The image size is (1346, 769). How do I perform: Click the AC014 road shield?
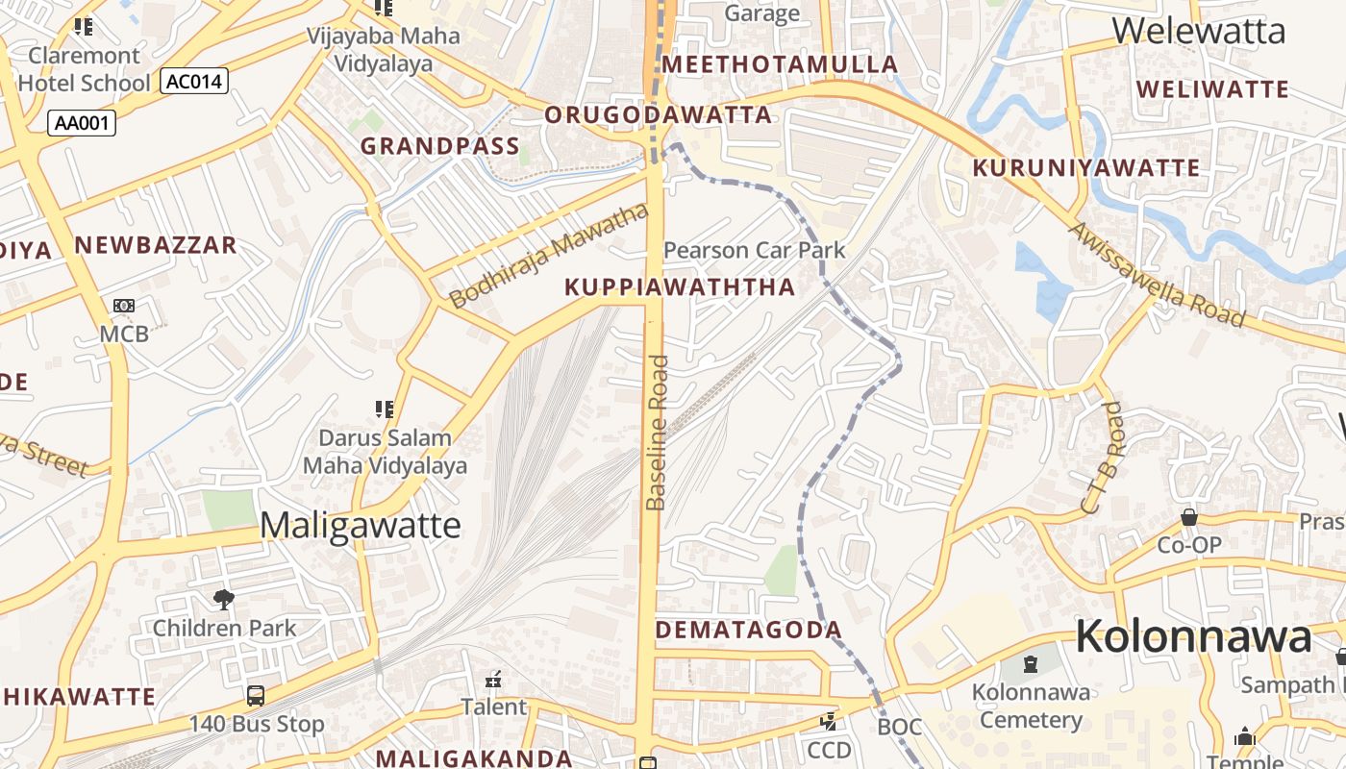(194, 82)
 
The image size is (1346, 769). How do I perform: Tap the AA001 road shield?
(82, 122)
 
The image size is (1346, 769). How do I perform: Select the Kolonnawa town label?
(1192, 636)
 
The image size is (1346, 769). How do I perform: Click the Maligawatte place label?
(361, 526)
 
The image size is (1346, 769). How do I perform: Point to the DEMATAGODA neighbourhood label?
(749, 631)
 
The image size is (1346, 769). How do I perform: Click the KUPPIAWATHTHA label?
(680, 286)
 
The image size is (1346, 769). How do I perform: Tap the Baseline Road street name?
(657, 433)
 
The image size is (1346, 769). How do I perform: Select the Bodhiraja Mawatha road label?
(549, 256)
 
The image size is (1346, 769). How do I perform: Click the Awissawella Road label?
(1156, 275)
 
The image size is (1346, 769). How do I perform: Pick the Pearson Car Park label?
(755, 250)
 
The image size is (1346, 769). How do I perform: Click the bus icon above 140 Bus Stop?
(256, 695)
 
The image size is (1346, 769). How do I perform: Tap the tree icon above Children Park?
(224, 600)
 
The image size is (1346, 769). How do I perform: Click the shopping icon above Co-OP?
(1189, 517)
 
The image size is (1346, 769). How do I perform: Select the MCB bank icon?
(124, 306)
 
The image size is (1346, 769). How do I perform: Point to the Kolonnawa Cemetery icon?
(1031, 663)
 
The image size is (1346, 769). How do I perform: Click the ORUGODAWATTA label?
(659, 115)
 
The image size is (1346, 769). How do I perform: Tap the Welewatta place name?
(1199, 31)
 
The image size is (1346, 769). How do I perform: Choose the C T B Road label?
(1102, 458)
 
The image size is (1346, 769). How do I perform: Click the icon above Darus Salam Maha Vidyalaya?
(385, 409)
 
